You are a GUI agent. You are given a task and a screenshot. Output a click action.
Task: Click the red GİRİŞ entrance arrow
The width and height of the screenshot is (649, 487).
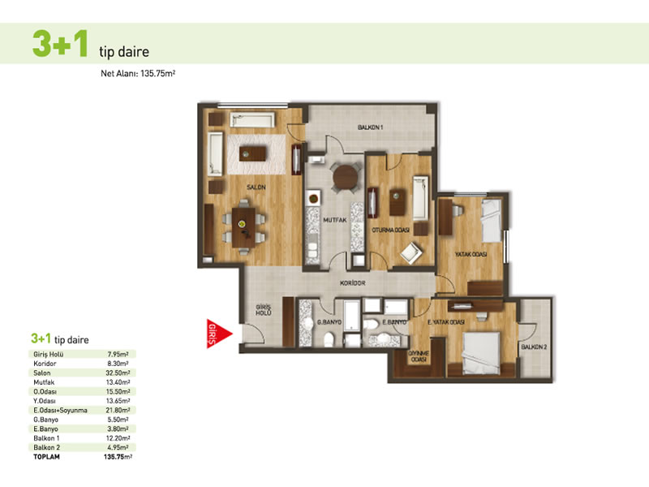tap(219, 334)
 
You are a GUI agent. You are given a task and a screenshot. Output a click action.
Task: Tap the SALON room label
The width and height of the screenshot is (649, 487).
tap(256, 187)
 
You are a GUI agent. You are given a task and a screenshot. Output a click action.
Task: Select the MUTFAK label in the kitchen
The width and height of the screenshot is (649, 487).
tap(335, 220)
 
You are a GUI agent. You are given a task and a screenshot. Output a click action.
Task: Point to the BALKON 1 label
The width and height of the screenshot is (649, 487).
tap(371, 127)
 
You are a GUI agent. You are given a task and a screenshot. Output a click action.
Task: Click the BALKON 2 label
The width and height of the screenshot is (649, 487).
tap(534, 347)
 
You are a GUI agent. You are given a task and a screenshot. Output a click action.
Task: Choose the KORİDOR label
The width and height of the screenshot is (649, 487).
tap(353, 282)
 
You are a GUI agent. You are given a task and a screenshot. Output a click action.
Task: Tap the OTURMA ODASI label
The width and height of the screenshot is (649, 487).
tap(390, 230)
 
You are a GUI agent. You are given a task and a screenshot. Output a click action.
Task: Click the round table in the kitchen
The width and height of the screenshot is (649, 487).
tap(346, 178)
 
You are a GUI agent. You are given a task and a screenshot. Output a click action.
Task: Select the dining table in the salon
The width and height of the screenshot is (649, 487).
tap(244, 227)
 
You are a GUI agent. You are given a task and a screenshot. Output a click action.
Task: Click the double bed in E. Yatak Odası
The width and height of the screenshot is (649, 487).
tap(481, 352)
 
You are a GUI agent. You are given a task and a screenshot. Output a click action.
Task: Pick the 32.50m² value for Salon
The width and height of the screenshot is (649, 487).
tap(118, 373)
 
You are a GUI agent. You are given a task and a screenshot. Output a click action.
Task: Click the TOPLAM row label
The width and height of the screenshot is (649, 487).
tap(46, 457)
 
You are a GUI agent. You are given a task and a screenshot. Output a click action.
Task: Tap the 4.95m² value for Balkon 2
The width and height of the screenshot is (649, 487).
tap(118, 447)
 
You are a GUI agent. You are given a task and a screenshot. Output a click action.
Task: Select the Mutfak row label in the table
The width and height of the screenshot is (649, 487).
tap(44, 382)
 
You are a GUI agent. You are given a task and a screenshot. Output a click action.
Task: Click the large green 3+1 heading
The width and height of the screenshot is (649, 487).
tap(60, 43)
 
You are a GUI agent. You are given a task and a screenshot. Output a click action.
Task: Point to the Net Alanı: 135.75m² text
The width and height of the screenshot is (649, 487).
tap(138, 74)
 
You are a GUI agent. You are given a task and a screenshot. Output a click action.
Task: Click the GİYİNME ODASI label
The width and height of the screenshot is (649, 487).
tap(419, 356)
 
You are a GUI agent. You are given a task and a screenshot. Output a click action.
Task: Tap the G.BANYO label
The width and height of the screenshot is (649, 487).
tap(329, 321)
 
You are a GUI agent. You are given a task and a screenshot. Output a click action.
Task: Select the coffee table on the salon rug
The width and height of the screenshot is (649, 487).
tap(252, 153)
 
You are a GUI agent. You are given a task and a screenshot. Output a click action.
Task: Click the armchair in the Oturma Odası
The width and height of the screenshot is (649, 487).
tap(410, 252)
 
